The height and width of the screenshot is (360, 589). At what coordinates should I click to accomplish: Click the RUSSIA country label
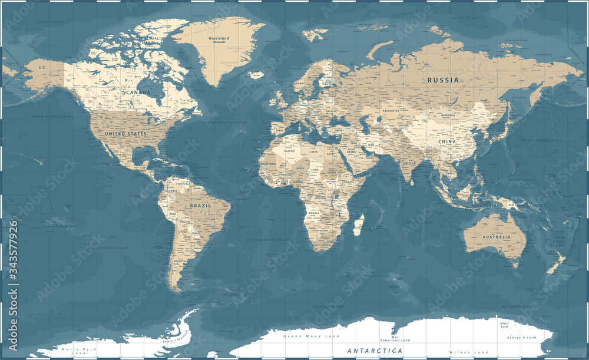(444, 80)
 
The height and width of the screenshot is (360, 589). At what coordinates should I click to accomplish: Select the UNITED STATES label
(125, 134)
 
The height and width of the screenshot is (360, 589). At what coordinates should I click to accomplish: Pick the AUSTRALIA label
(495, 237)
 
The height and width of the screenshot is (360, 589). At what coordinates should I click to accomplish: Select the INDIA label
(409, 163)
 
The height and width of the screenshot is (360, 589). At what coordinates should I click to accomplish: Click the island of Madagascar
(358, 224)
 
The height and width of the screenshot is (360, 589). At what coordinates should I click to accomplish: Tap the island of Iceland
(256, 75)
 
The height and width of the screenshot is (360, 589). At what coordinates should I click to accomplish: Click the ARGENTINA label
(180, 260)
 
